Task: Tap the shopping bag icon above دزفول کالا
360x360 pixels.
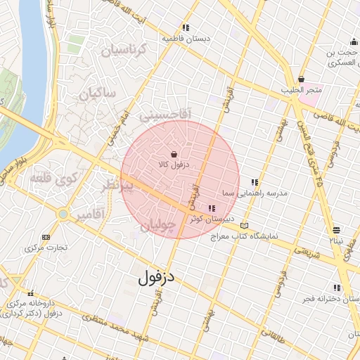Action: pos(174,153)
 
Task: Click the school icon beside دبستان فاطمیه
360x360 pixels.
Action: pos(185,28)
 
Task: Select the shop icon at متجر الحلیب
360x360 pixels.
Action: pos(302,79)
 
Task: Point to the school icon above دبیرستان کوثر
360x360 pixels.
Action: pos(212,208)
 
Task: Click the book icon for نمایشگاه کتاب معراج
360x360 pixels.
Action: pos(243,225)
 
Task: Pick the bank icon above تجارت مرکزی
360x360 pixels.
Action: pos(46,238)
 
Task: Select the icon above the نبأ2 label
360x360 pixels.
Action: pos(336,230)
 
